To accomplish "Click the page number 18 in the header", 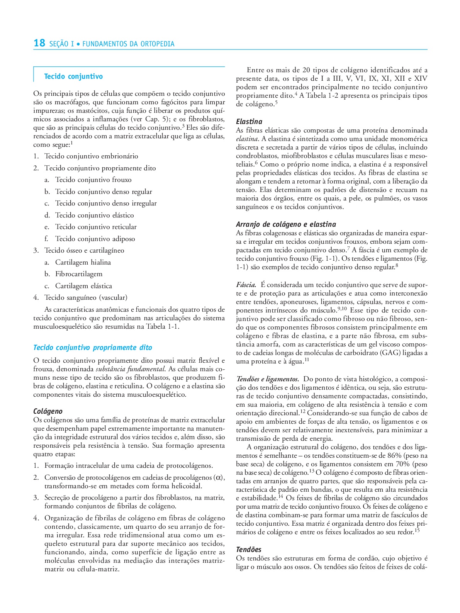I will pyautogui.click(x=39, y=43).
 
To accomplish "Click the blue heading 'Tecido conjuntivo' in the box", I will pyautogui.click(x=73, y=76).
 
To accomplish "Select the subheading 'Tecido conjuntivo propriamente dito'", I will pyautogui.click(x=93, y=348).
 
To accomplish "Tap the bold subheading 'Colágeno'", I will pyautogui.click(x=48, y=411).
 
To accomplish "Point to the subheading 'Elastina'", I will pyautogui.click(x=249, y=122).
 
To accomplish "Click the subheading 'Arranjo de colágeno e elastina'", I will pyautogui.click(x=286, y=224).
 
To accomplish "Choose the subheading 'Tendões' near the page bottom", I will pyautogui.click(x=249, y=550).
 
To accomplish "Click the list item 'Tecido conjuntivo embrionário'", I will pyautogui.click(x=91, y=156).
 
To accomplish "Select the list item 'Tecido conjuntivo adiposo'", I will pyautogui.click(x=95, y=239).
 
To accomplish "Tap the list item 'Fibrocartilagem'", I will pyautogui.click(x=79, y=274).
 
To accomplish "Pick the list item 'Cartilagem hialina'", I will pyautogui.click(x=83, y=262).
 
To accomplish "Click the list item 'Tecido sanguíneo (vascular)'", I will pyautogui.click(x=86, y=297).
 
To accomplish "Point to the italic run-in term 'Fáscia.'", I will pyautogui.click(x=246, y=285).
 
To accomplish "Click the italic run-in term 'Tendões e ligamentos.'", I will pyautogui.click(x=268, y=379).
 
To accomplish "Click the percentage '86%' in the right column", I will pyautogui.click(x=394, y=456).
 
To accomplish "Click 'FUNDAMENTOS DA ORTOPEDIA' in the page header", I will pyautogui.click(x=128, y=44).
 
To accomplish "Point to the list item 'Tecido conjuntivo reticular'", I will pyautogui.click(x=96, y=227).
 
